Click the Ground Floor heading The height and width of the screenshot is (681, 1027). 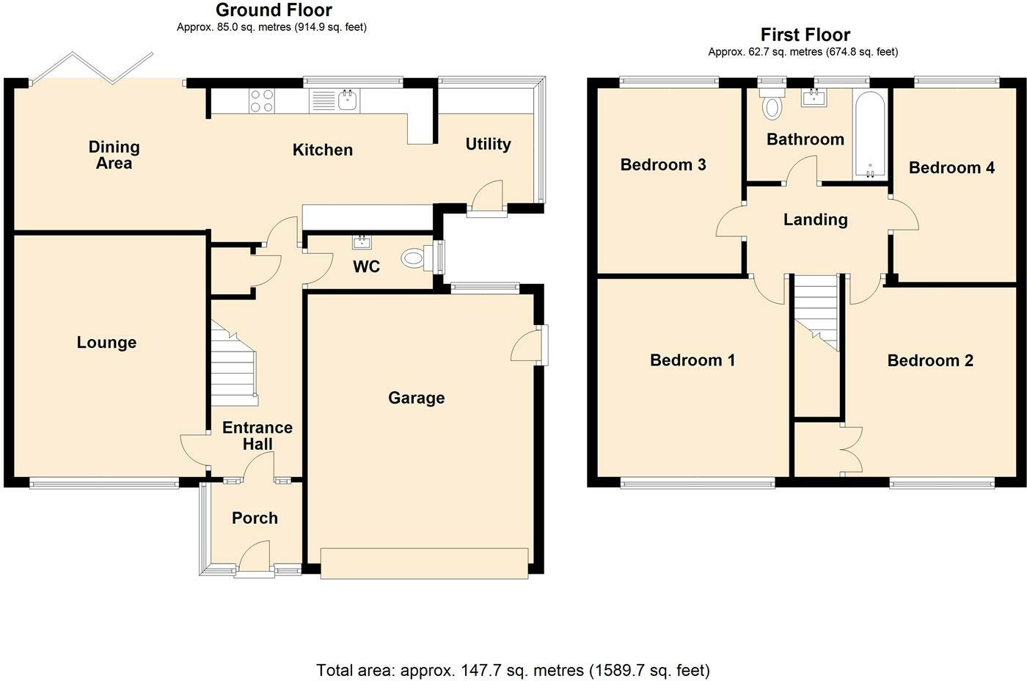[x=274, y=10]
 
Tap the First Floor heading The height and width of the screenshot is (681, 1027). [x=805, y=34]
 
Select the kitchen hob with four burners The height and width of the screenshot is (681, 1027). [x=263, y=101]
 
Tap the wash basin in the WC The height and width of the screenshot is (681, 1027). [x=362, y=241]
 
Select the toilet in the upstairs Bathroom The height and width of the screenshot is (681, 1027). [x=772, y=103]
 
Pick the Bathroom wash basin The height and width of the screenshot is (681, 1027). [x=814, y=97]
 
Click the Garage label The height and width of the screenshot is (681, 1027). [x=417, y=398]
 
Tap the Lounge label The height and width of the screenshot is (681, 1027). [x=106, y=343]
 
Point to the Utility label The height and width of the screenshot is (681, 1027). [x=488, y=145]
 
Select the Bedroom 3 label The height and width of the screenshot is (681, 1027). [x=663, y=164]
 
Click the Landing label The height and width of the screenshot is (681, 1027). [x=815, y=220]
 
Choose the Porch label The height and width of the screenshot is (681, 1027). [x=255, y=518]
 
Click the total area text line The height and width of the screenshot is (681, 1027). [x=513, y=671]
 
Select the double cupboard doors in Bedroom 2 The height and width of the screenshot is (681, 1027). [x=852, y=450]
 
